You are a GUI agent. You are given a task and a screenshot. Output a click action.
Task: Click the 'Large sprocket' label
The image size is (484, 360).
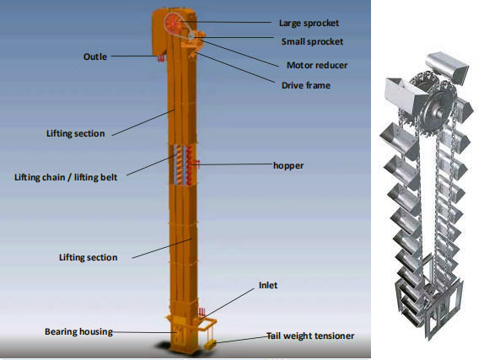coord(309,24)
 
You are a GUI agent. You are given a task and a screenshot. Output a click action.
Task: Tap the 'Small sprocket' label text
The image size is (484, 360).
coord(312,41)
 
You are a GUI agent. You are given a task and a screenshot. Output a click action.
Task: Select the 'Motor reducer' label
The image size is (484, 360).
coord(317,65)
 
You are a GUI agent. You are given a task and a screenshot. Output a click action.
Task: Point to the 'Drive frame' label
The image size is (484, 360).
coord(306,85)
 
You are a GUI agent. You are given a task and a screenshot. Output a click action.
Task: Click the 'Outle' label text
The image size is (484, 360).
coord(95,56)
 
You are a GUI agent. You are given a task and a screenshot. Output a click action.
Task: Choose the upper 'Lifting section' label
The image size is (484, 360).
coord(76,133)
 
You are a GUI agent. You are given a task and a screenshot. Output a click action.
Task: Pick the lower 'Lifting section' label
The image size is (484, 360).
coord(89,257)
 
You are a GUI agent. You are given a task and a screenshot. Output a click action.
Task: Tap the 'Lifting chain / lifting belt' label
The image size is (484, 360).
coord(66,177)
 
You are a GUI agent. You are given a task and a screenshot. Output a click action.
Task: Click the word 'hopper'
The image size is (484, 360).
coord(288,166)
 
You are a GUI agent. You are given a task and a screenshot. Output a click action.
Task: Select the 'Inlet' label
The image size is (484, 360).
coord(268,285)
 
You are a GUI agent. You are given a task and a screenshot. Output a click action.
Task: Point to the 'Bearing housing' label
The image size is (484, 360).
coord(78,331)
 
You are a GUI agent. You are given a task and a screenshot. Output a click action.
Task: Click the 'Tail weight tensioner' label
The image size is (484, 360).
coord(310,336)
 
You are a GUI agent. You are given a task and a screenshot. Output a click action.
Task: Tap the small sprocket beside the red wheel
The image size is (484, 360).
coord(191,36)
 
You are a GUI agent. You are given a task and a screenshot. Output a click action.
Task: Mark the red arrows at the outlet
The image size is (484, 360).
coord(161,58)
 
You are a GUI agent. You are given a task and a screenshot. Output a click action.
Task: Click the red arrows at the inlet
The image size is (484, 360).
coord(202,312)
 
